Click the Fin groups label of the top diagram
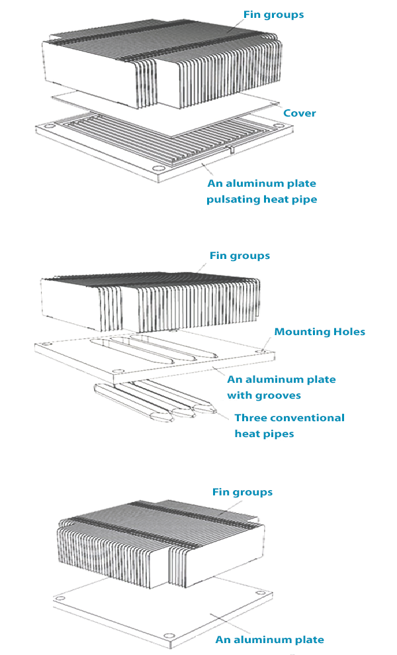[x=273, y=15]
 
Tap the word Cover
[x=299, y=113]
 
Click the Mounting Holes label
[x=320, y=332]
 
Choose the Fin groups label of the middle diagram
[x=240, y=256]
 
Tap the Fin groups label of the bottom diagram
[x=242, y=492]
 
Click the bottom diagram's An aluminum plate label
[x=269, y=640]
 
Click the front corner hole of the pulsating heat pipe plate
[x=157, y=169]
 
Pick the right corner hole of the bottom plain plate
[x=261, y=593]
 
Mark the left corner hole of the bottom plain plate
[x=61, y=598]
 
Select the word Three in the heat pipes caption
[x=250, y=418]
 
